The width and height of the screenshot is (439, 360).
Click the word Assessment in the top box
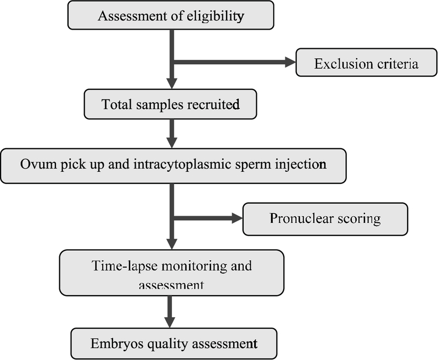pos(133,16)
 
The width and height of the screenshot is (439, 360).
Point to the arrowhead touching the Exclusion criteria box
pos(290,62)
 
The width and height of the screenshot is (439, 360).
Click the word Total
pos(116,104)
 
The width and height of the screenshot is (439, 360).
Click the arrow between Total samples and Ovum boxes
pos(172,133)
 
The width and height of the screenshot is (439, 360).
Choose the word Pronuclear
pos(301,218)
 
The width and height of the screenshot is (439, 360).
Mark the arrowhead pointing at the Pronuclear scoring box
pos(237,218)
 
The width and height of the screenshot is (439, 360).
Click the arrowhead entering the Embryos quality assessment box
pos(170,323)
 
